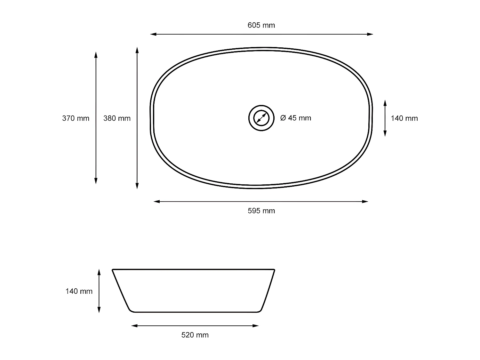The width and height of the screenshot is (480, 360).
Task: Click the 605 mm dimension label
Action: pyautogui.click(x=261, y=25)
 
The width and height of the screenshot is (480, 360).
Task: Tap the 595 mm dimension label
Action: pyautogui.click(x=261, y=211)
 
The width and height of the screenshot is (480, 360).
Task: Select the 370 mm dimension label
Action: pyautogui.click(x=76, y=118)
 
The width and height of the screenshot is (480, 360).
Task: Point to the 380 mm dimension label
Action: pyautogui.click(x=117, y=118)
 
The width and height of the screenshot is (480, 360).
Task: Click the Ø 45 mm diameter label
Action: pyautogui.click(x=295, y=118)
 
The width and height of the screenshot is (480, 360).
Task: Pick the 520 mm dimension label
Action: pyautogui.click(x=195, y=335)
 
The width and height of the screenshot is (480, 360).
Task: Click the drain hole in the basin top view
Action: pyautogui.click(x=261, y=118)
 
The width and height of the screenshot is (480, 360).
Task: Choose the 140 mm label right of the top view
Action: pyautogui.click(x=404, y=118)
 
